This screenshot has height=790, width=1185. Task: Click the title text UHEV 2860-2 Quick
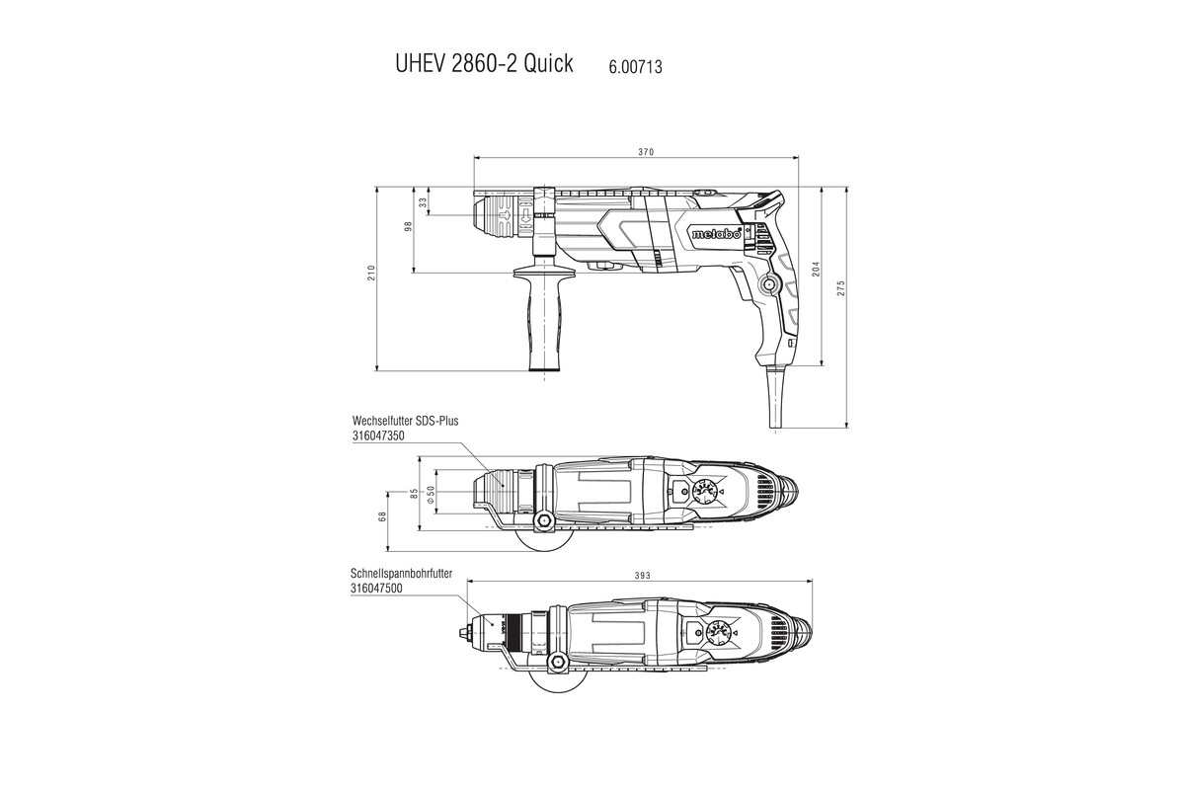pos(483,65)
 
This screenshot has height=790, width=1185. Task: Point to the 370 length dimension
pos(646,152)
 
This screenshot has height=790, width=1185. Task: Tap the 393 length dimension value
pos(642,575)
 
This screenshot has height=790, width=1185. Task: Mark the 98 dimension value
pos(408,227)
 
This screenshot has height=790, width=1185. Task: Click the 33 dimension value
pos(424,201)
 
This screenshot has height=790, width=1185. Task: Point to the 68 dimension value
pos(382,517)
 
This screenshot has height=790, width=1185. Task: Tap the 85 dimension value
pos(414,491)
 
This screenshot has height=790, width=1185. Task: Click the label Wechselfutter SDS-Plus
pos(405,420)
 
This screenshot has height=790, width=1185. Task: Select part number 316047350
pos(379,434)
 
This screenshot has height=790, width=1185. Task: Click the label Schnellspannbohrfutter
pos(408,573)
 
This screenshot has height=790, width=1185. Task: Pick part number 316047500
pos(376,588)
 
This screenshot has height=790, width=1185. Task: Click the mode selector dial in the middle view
pos(704,491)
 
